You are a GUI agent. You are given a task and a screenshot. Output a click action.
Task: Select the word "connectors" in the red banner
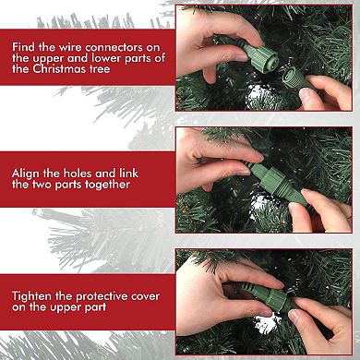(114, 47)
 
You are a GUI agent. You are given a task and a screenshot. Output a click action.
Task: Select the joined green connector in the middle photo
(275, 182)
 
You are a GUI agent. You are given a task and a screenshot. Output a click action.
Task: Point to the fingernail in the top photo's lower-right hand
(306, 93)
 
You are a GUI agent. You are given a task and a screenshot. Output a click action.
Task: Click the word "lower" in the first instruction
(107, 58)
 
